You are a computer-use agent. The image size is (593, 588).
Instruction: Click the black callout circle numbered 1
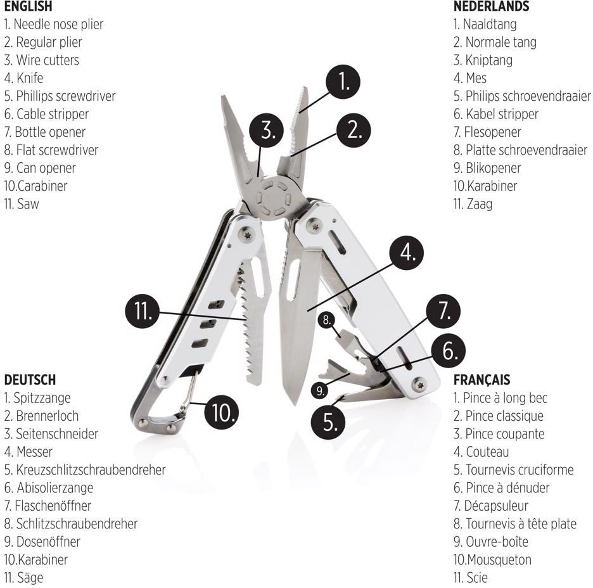tap(343, 82)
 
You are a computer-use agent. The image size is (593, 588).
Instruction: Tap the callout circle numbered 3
tap(267, 130)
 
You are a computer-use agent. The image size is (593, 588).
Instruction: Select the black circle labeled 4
tap(407, 253)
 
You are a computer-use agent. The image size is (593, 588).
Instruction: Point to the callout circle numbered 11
tap(142, 311)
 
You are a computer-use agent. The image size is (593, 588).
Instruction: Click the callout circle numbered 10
tap(222, 412)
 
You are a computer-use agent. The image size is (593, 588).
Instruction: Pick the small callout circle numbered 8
tap(326, 321)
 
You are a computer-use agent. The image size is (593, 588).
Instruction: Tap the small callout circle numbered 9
tap(320, 390)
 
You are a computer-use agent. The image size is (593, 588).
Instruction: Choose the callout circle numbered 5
tap(328, 422)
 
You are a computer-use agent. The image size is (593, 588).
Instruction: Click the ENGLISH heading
tap(28, 6)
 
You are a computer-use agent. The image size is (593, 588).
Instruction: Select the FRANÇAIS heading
tap(481, 380)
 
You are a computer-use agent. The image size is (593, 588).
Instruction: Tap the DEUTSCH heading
tap(30, 380)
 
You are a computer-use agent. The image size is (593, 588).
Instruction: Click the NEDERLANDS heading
tap(491, 6)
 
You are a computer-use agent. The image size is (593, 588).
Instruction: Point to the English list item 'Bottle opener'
tap(44, 132)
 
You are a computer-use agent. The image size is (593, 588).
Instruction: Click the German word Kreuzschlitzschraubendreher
tap(91, 470)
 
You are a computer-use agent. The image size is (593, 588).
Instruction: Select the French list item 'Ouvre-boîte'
tap(497, 542)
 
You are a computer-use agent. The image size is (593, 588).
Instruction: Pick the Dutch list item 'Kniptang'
tap(489, 60)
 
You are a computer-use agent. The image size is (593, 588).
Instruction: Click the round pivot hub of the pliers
tap(272, 198)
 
